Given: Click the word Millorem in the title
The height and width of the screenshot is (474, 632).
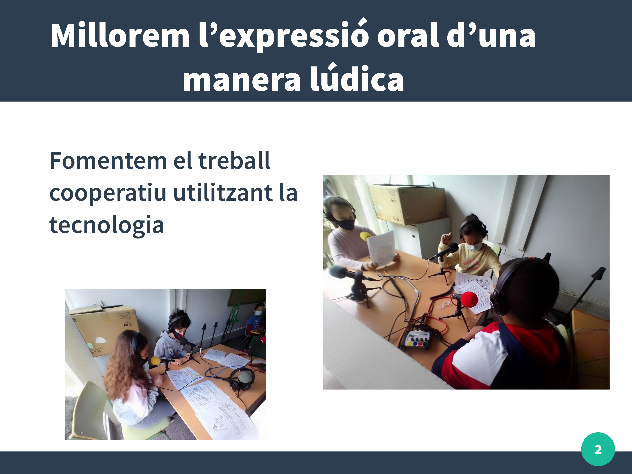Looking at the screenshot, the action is [x=120, y=36].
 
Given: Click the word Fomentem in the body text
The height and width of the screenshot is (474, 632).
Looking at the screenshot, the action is [x=108, y=161].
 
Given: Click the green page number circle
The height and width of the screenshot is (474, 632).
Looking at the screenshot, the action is [x=598, y=449].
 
